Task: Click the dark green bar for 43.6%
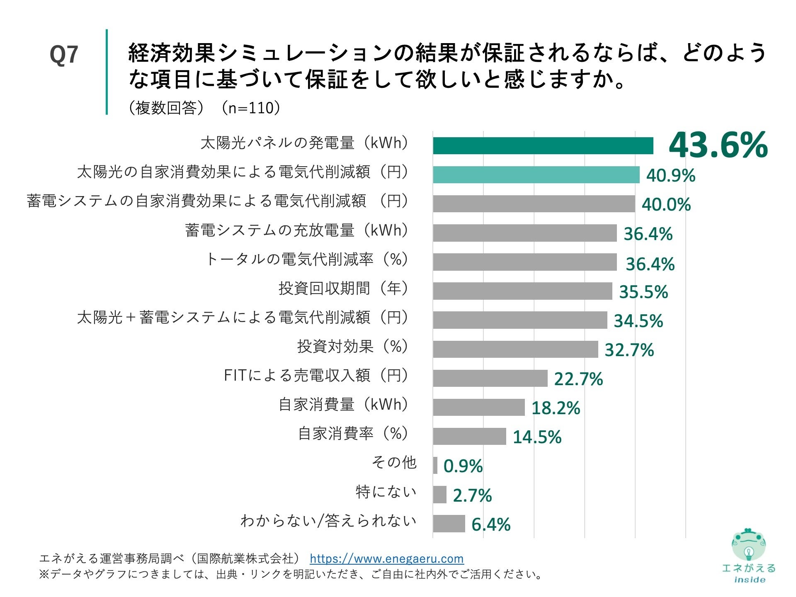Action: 543,146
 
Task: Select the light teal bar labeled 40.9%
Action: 536,175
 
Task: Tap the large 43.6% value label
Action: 718,145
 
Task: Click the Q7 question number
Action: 64,54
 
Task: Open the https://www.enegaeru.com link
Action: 386,558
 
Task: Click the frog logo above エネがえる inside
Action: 748,545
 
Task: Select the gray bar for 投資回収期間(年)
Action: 522,291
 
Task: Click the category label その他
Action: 394,462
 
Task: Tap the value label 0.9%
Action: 463,466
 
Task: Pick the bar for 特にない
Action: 439,495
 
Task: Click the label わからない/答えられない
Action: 328,520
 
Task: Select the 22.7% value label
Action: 578,379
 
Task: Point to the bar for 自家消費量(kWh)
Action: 479,407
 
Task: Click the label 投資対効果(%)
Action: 353,346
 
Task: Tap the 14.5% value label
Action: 537,437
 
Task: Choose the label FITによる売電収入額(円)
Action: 316,375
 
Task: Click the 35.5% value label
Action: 643,292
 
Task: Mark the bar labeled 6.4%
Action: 449,524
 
